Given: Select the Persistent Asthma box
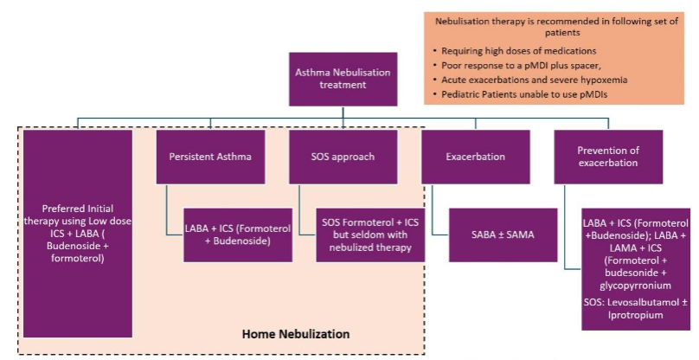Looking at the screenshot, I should click(210, 157).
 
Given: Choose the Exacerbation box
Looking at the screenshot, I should click(475, 157).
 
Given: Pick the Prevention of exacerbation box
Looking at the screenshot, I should click(608, 157).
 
